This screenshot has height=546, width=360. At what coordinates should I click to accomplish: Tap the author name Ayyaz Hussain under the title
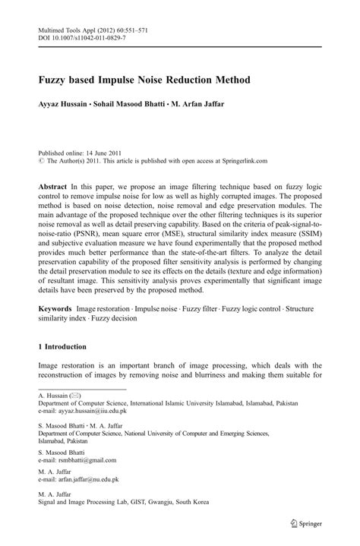(68, 103)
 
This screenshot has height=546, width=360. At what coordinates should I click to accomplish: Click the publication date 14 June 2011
(99, 151)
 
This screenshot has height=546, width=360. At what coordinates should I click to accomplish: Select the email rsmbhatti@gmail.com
(85, 460)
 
